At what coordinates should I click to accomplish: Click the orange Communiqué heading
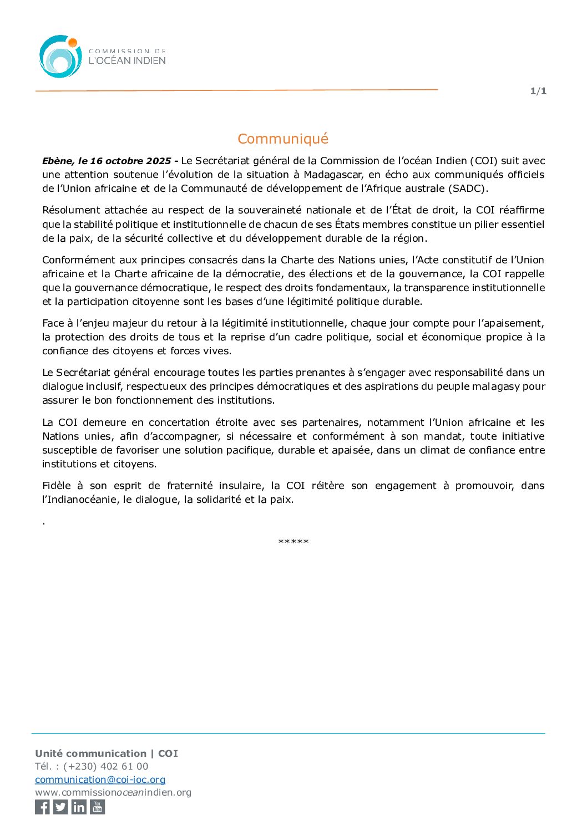tap(283, 139)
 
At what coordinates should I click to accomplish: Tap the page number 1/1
tap(538, 91)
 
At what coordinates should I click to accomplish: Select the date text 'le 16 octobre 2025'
tap(124, 161)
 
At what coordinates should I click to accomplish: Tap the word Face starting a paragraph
tap(53, 323)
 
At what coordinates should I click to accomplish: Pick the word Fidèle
tap(56, 486)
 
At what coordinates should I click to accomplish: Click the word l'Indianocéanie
tap(78, 500)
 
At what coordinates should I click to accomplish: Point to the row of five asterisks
tap(293, 542)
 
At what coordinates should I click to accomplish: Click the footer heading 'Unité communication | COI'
tap(107, 753)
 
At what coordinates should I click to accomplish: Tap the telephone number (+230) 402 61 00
tap(106, 766)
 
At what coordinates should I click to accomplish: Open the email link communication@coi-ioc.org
tap(100, 780)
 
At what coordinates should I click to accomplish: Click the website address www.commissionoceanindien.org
tap(113, 792)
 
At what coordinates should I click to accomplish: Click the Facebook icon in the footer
tap(42, 807)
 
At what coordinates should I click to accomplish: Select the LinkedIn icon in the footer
tap(79, 807)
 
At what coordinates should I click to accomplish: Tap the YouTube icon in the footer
tap(98, 807)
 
